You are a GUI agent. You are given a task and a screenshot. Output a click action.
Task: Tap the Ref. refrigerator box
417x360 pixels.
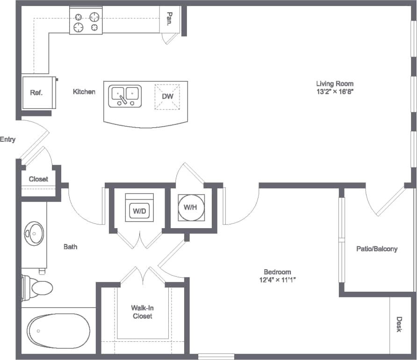(36, 93)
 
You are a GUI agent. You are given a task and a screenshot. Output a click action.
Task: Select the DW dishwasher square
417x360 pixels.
(167, 96)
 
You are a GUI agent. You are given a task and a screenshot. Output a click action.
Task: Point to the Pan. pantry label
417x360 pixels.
(170, 19)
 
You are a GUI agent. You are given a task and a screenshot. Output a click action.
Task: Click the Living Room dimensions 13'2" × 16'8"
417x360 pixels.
(334, 92)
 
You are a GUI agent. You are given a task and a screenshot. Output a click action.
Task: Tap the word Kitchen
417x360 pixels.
(84, 92)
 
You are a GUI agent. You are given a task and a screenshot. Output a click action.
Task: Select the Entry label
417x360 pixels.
(8, 139)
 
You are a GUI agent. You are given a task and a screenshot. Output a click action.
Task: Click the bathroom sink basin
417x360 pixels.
(34, 232)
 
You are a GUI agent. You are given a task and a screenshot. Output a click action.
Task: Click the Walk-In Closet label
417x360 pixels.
(142, 312)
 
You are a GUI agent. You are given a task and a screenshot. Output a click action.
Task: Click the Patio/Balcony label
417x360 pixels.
(377, 249)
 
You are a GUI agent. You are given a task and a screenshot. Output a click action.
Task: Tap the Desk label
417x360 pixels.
(399, 324)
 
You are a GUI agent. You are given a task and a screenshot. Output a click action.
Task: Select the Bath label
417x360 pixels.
(71, 246)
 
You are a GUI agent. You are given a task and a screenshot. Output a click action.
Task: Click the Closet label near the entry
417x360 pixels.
(38, 179)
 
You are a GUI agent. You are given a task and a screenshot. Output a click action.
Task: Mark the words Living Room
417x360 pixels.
(335, 84)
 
